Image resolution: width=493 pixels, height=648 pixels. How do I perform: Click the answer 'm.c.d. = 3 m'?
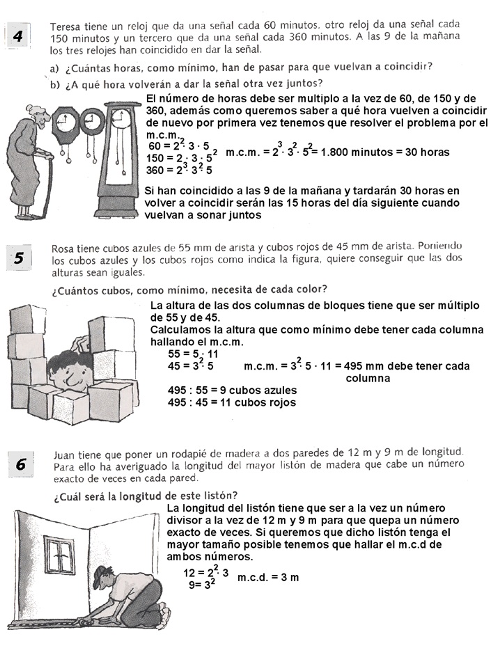click(x=268, y=578)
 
